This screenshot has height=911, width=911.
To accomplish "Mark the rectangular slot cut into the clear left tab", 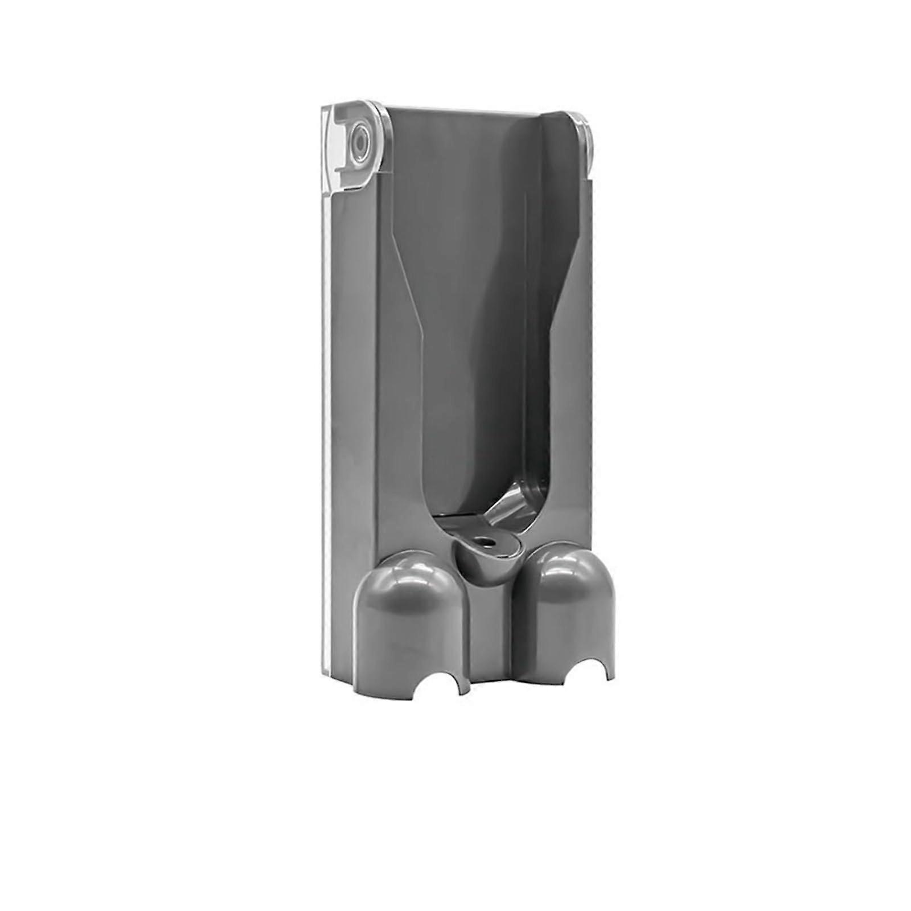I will (x=336, y=139).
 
